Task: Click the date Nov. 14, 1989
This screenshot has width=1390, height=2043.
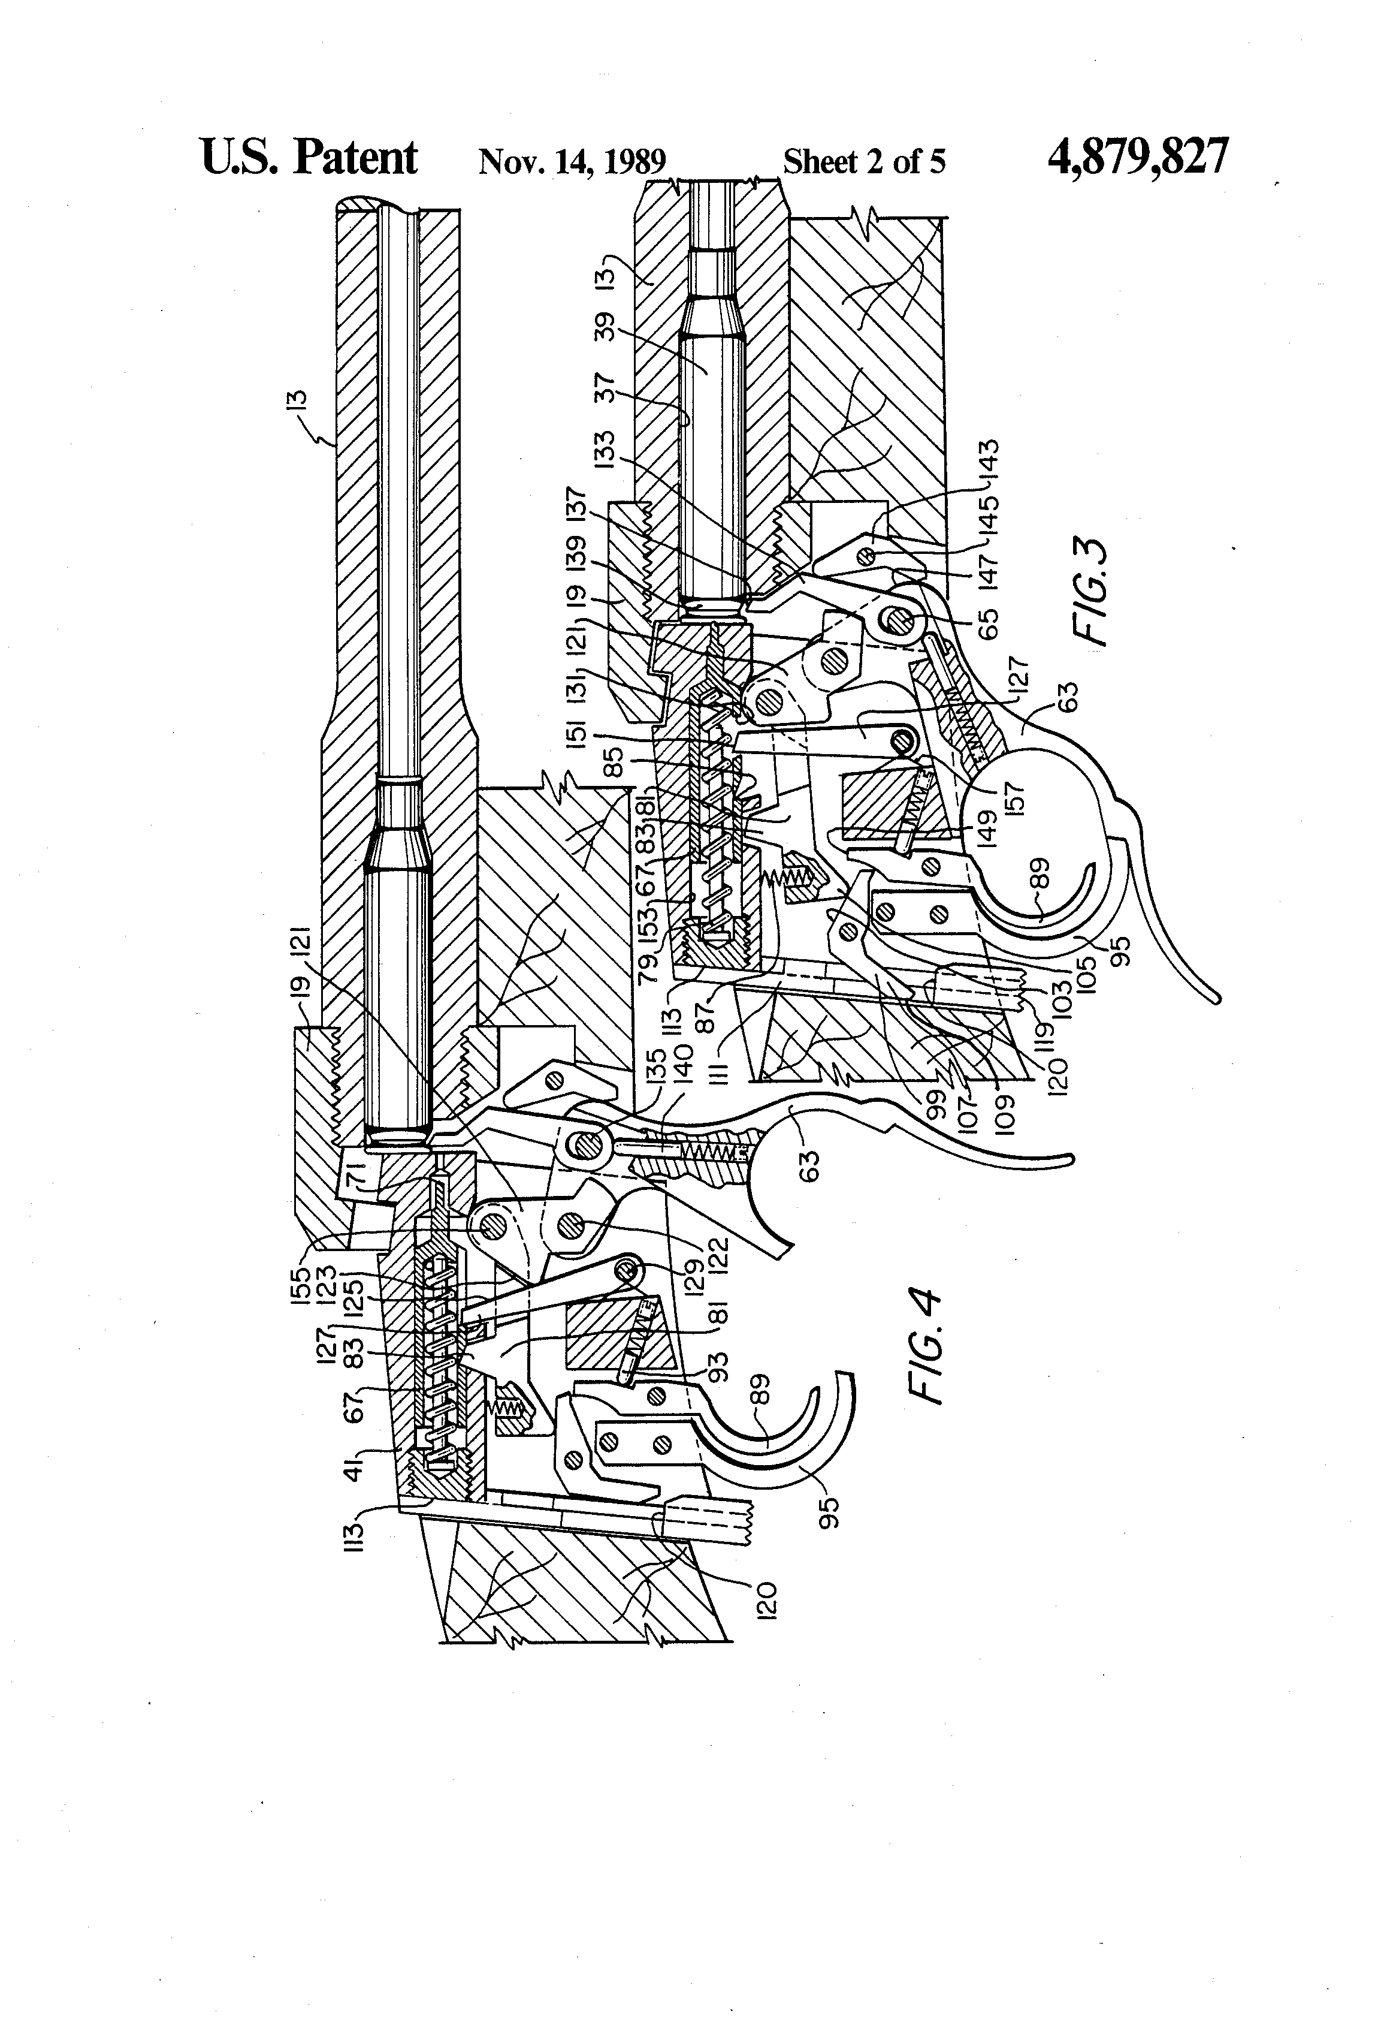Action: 572,162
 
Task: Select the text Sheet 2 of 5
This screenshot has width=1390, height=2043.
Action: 864,162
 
